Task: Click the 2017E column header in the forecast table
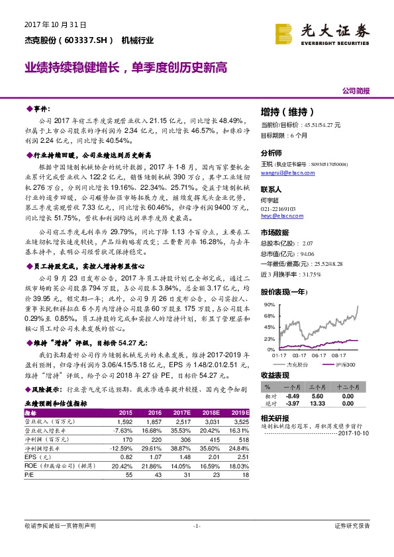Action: (181, 411)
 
